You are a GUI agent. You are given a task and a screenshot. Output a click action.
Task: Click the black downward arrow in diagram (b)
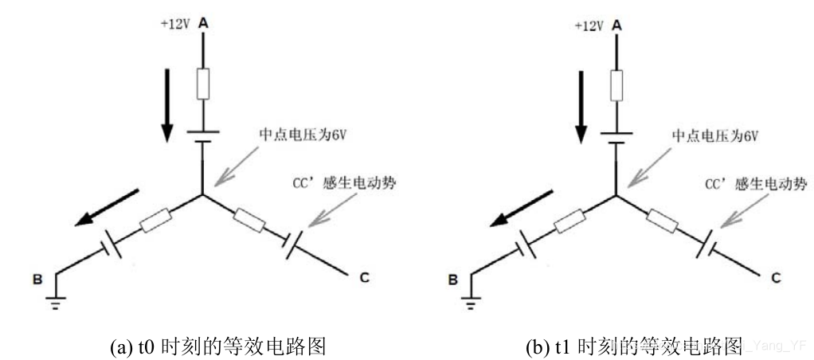tap(581, 104)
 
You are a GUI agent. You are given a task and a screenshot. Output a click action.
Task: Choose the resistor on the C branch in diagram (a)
tap(252, 217)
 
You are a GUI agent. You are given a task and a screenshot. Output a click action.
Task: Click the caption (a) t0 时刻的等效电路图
tap(214, 348)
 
